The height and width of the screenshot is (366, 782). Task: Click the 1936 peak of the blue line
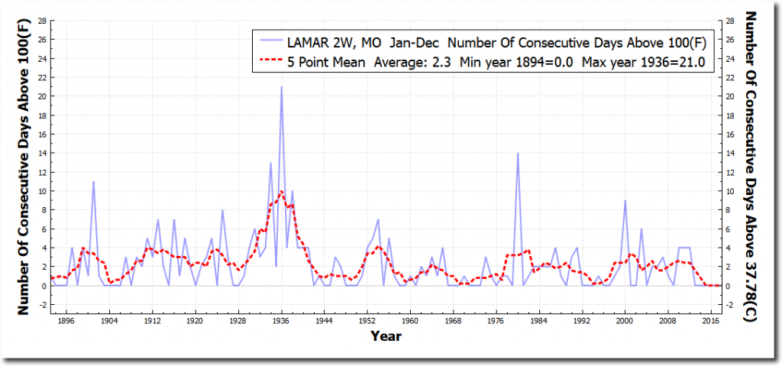(x=281, y=87)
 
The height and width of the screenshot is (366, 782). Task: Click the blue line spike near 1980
(x=518, y=154)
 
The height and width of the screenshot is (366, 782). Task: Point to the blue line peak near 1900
(x=94, y=182)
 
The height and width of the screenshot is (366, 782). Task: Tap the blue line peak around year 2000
(x=625, y=201)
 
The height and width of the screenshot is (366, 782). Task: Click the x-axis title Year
(x=386, y=335)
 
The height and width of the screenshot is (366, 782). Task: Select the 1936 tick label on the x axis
(x=281, y=321)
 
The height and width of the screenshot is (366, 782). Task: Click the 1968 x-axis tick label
(x=453, y=321)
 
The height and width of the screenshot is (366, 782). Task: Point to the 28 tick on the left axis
(x=42, y=21)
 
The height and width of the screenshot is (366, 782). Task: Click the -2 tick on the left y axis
(x=43, y=305)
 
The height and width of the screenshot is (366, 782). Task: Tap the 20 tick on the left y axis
(x=42, y=96)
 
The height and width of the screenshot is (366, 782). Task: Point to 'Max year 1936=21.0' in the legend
(x=648, y=61)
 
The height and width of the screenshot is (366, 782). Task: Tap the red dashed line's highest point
(x=282, y=191)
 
